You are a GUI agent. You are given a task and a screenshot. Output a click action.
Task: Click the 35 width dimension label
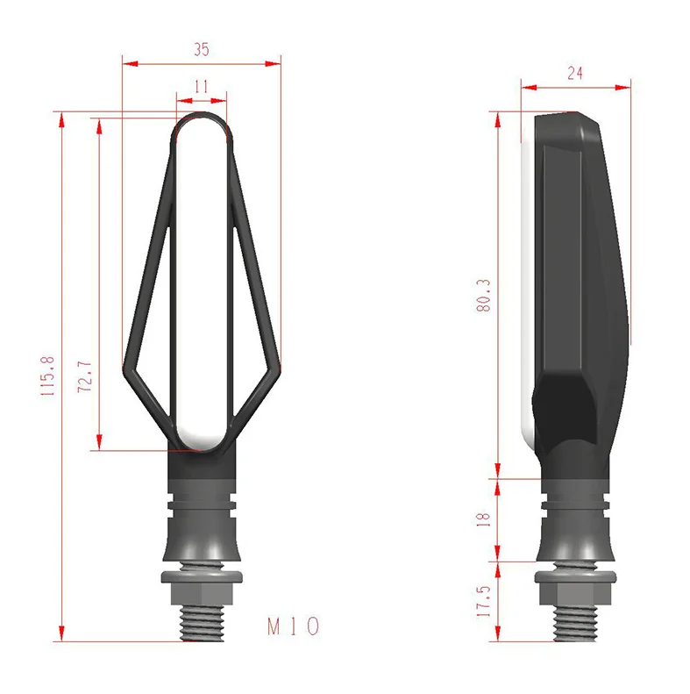(x=202, y=49)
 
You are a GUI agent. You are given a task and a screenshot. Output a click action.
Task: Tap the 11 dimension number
(x=202, y=86)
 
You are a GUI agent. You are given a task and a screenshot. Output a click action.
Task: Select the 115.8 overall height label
(x=47, y=376)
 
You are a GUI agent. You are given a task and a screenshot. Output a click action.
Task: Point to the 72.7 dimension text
(x=84, y=376)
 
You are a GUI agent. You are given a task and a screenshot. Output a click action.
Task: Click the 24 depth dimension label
(x=574, y=73)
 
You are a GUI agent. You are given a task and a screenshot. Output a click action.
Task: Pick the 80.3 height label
(x=484, y=295)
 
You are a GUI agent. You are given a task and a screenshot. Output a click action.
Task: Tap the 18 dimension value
(x=484, y=519)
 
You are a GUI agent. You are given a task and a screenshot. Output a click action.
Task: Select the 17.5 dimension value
(x=483, y=601)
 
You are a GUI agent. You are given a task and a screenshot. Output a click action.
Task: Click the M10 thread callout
(x=293, y=626)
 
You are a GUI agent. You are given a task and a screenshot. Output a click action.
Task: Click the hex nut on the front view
(x=202, y=588)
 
